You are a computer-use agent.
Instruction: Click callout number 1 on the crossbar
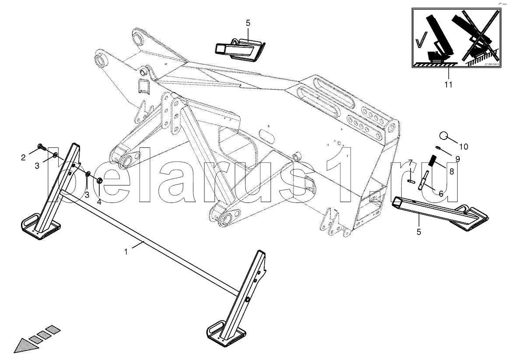pos(126,252)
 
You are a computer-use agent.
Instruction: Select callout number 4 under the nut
pos(99,202)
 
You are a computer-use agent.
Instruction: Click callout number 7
pos(410,163)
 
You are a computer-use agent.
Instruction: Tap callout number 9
pos(457,158)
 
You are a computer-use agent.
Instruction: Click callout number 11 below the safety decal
pos(448,84)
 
